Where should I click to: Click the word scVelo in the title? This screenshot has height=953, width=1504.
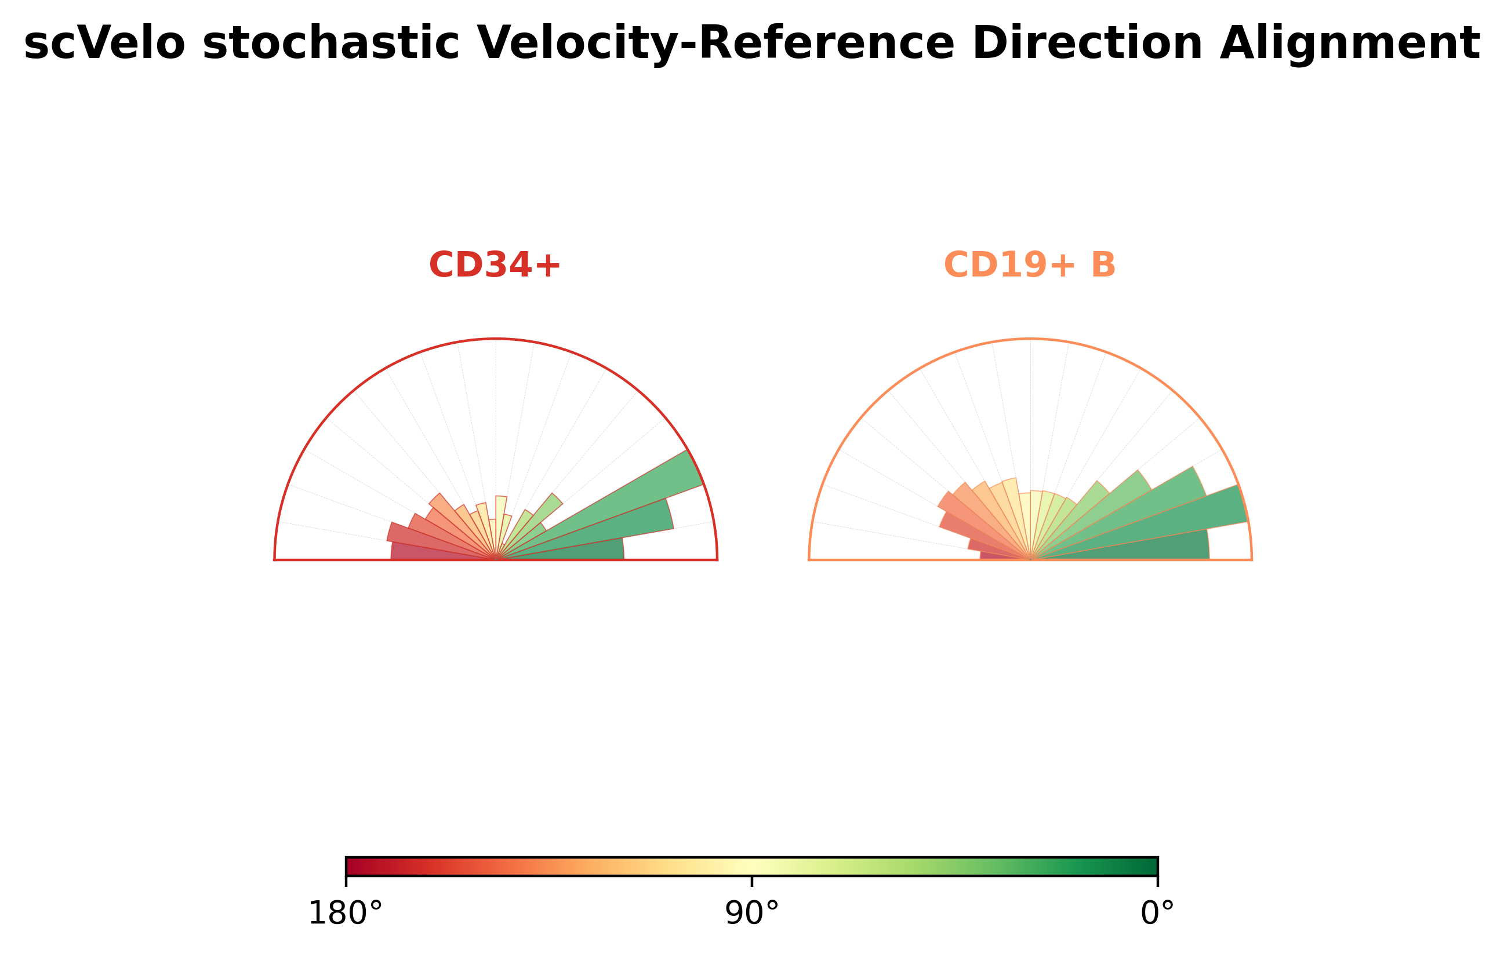point(104,43)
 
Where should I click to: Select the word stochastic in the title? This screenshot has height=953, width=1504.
point(331,43)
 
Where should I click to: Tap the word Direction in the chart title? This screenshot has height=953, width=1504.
point(1087,43)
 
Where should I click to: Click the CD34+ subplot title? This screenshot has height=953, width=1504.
point(495,265)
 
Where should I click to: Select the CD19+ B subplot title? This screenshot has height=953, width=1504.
point(1029,265)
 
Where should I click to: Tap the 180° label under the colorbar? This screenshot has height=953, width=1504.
point(346,914)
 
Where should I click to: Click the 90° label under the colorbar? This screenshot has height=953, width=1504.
point(752,914)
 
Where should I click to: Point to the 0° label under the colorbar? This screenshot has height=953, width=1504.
point(1157,914)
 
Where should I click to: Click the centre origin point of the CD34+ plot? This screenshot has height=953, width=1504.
point(496,560)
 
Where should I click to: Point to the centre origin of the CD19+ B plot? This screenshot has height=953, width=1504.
point(1030,560)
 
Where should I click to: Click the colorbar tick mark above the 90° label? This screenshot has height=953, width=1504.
point(752,881)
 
